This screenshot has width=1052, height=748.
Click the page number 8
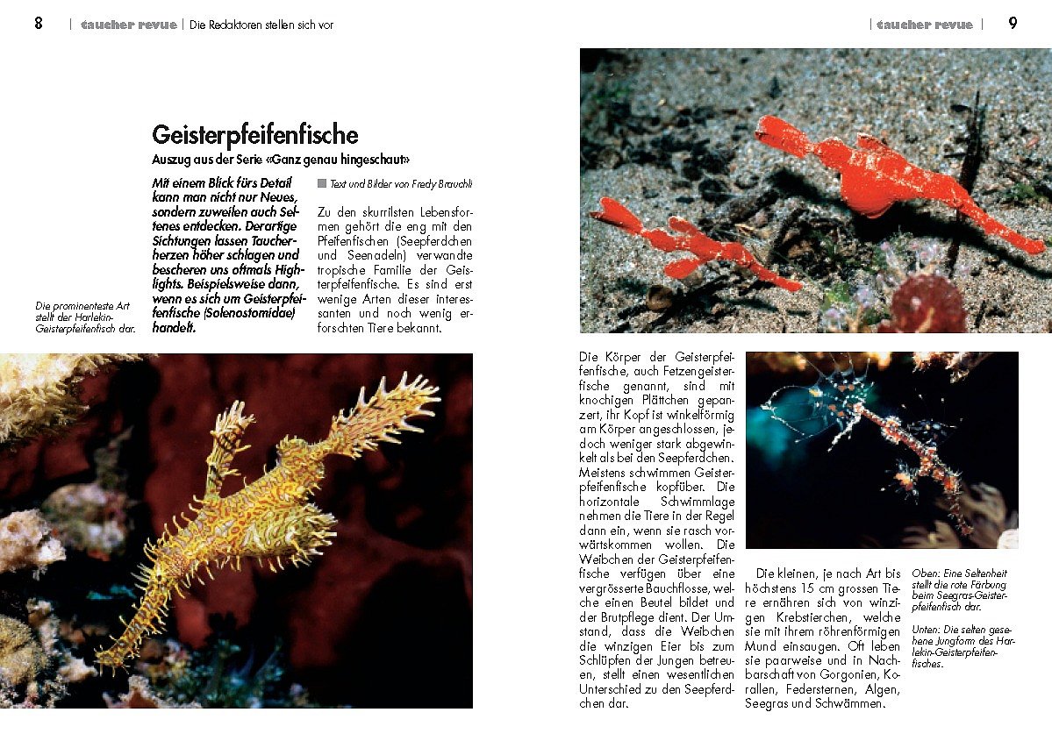[39, 24]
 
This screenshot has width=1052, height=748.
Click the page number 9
[1013, 24]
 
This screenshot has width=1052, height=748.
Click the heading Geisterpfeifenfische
[255, 135]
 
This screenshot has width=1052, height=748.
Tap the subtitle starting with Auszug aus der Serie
[281, 160]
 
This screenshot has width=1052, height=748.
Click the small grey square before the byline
[322, 183]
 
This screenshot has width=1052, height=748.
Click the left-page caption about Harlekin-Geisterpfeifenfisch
[85, 317]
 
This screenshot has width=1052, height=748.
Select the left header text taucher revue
[128, 25]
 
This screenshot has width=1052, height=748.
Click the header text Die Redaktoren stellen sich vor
[261, 25]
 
